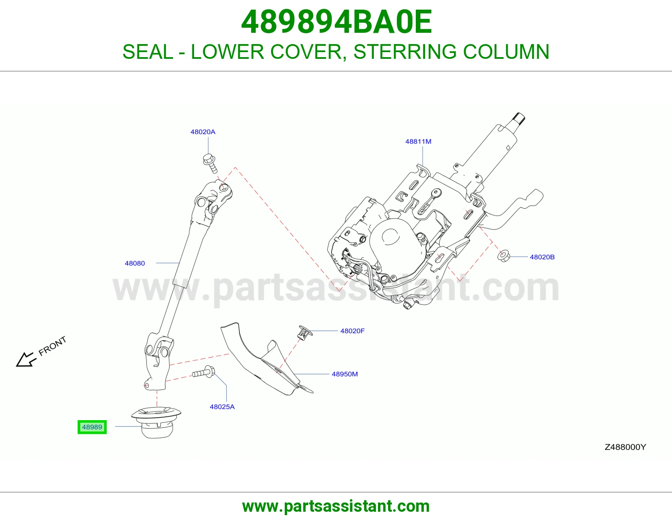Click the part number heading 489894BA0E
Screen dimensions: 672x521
(x=336, y=22)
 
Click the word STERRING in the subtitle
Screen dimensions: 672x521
(x=404, y=52)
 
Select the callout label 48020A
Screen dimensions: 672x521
(x=203, y=132)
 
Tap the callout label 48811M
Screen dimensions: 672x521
(x=418, y=142)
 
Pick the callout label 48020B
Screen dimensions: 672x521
(x=542, y=257)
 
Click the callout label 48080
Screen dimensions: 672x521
(x=135, y=263)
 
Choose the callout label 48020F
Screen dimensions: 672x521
(x=352, y=331)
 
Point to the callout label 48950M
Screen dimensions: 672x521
(x=344, y=374)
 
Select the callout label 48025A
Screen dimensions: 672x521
(x=222, y=407)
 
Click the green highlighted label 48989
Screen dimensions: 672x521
(x=92, y=427)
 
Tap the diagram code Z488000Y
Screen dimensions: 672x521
(x=625, y=447)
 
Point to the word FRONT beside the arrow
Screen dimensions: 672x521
(x=52, y=346)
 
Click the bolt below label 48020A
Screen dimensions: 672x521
(x=210, y=163)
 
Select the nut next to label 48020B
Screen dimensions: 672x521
(x=504, y=256)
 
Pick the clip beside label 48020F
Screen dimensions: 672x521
(x=305, y=332)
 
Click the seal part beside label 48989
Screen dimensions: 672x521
(x=156, y=422)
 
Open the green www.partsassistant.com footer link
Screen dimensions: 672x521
(x=336, y=506)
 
